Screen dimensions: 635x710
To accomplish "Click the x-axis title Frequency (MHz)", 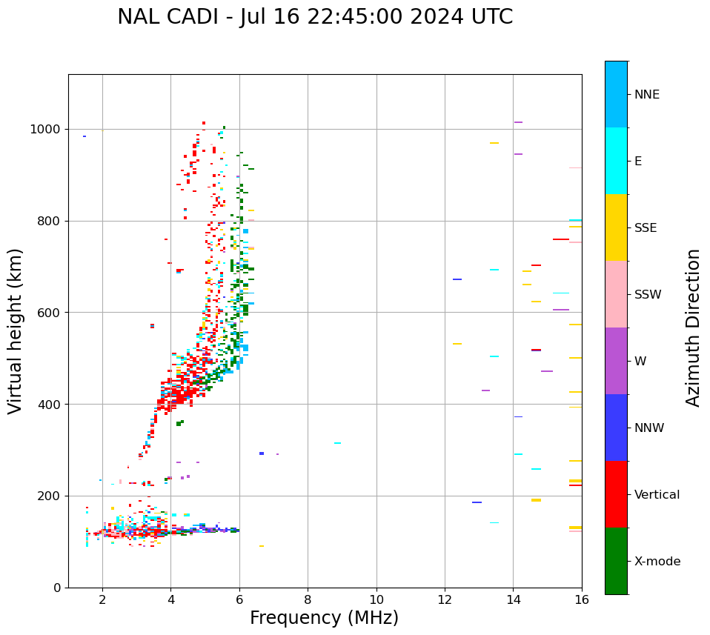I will click(x=324, y=618).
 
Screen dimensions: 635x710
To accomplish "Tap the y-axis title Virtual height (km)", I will click(x=16, y=331).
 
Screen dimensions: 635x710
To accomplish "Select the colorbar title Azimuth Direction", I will click(x=693, y=328).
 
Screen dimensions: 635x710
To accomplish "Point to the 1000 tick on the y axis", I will click(x=45, y=130).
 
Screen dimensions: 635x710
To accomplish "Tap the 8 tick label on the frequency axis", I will click(x=308, y=600).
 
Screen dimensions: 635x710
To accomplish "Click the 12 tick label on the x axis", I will click(x=445, y=600).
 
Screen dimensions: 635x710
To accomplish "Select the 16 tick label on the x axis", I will click(x=582, y=600).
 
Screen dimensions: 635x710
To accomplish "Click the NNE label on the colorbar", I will click(x=646, y=95).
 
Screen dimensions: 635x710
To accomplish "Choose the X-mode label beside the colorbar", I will click(x=657, y=562).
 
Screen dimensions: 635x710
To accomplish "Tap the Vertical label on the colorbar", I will click(x=657, y=495).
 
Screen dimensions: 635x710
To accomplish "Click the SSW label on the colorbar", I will click(x=648, y=295).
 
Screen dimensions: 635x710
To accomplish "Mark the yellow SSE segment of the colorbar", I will click(x=616, y=227).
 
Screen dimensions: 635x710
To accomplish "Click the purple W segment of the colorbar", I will click(x=616, y=361).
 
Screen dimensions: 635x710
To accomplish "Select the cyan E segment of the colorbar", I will click(x=616, y=161).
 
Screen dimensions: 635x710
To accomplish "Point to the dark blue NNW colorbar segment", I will click(x=616, y=428).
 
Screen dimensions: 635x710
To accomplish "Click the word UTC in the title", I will click(x=491, y=17).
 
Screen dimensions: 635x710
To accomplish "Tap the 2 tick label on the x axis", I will click(x=102, y=600).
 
